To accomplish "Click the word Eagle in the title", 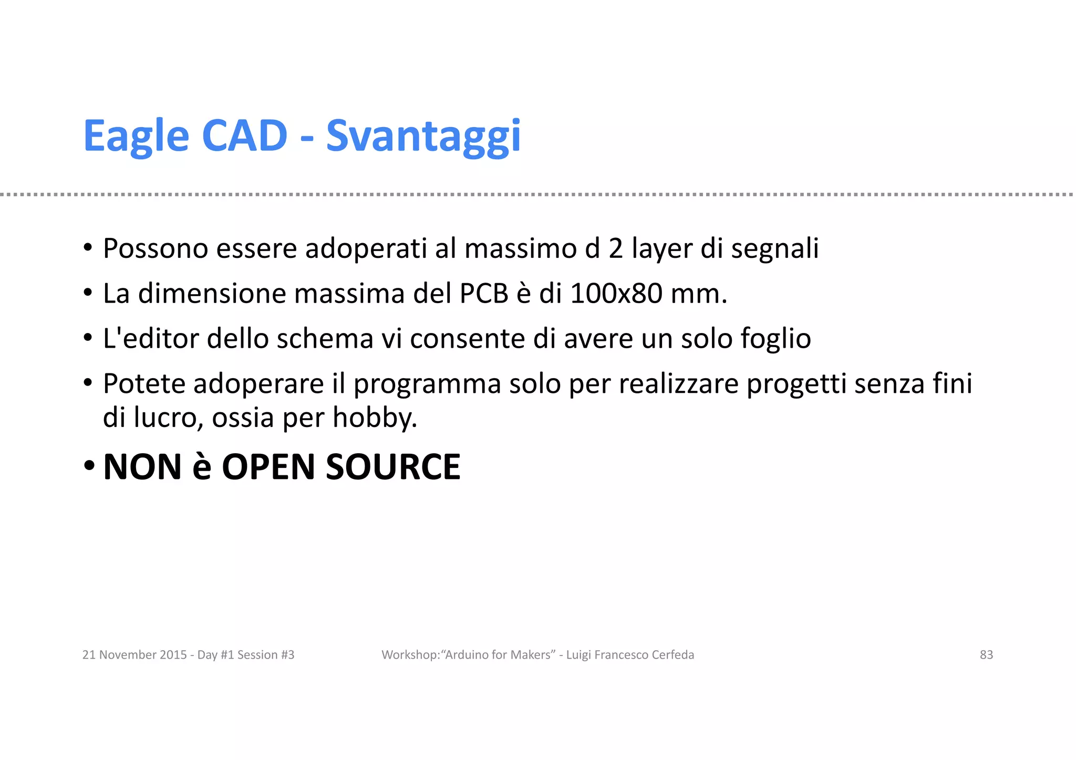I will tap(136, 137).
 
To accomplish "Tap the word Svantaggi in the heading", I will tap(423, 137).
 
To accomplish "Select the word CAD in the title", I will tap(244, 136).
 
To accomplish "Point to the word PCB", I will tap(484, 294).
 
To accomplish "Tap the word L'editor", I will tap(150, 339).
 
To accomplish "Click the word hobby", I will tap(375, 419).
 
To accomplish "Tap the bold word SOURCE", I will tap(393, 467).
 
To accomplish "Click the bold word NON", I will tap(142, 467).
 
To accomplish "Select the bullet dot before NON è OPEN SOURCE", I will tap(89, 465).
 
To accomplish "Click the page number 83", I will tap(986, 655).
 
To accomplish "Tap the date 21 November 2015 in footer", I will tap(134, 655).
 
